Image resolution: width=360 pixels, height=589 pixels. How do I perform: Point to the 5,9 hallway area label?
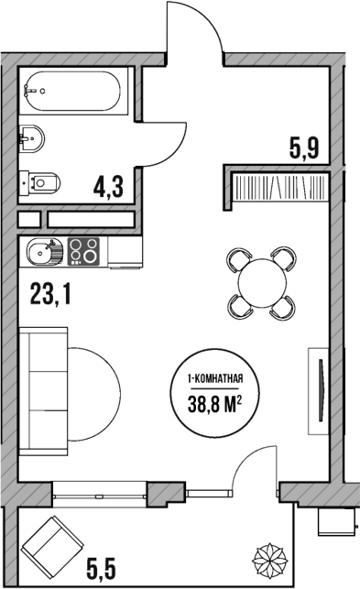[303, 147]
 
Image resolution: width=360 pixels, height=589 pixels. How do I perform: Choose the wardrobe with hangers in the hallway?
[279, 189]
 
